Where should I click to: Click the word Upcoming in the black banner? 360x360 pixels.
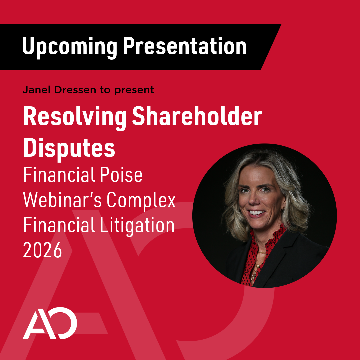(70, 47)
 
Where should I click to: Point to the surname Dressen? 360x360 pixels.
(75, 90)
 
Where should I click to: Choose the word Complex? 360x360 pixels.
(141, 201)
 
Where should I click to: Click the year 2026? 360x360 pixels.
(42, 250)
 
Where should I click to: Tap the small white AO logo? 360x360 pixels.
(50, 323)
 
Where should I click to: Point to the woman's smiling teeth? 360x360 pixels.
(256, 212)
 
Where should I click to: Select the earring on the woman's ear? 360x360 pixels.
(284, 208)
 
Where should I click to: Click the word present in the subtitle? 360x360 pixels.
(134, 90)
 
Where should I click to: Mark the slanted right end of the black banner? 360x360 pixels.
(271, 47)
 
